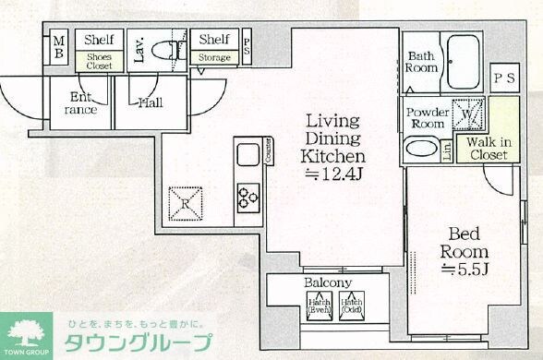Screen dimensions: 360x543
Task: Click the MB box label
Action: click(x=58, y=48)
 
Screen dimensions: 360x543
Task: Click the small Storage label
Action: click(x=214, y=58)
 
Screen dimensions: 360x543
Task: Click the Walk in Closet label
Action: click(x=486, y=149)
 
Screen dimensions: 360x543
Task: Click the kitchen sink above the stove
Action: click(x=247, y=156)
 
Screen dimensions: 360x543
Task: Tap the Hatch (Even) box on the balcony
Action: click(x=320, y=306)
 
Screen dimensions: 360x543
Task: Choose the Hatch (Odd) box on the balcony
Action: click(x=352, y=306)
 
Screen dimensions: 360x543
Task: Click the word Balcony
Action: click(x=326, y=282)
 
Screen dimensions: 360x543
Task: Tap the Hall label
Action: click(x=151, y=102)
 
